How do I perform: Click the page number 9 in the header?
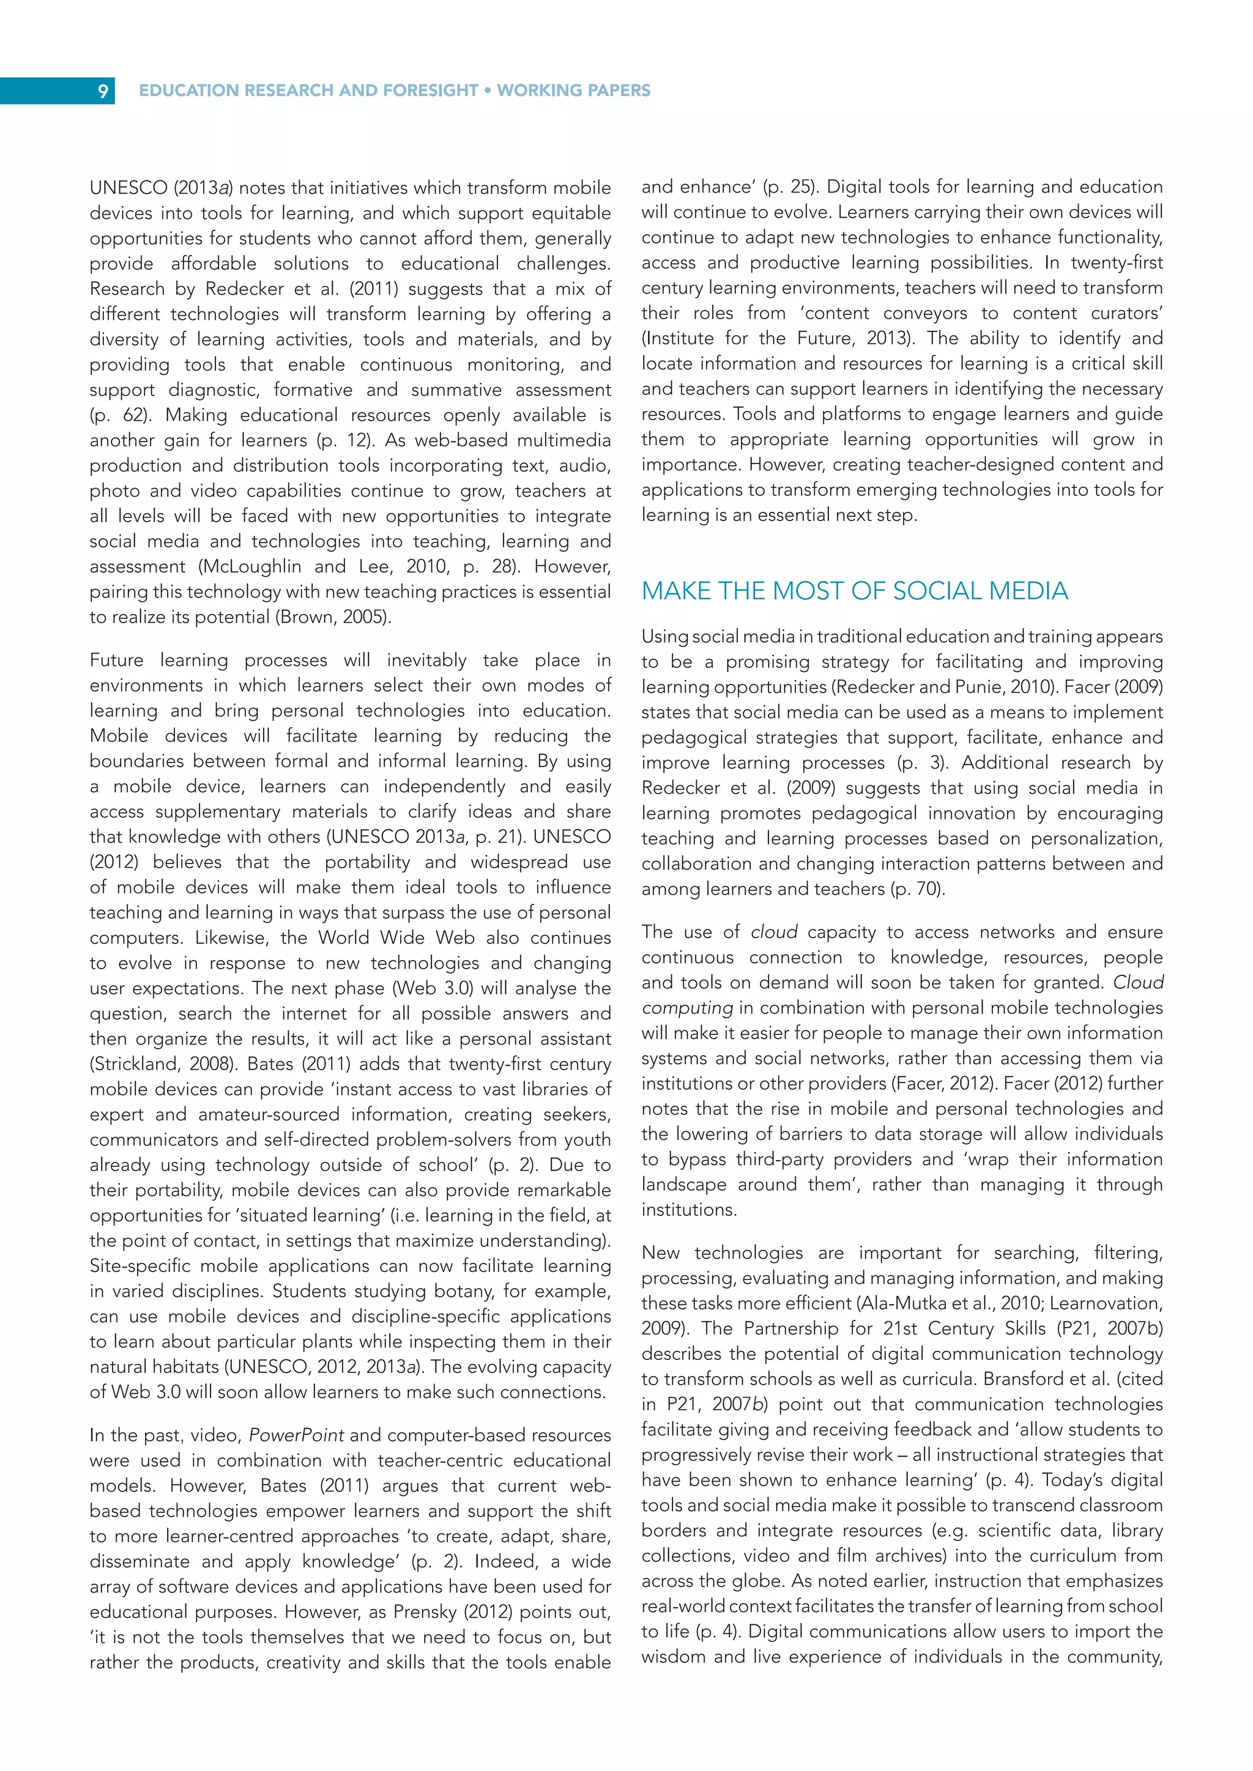(x=103, y=91)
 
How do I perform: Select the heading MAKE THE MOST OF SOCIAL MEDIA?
(x=854, y=591)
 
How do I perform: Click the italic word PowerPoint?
(x=296, y=1435)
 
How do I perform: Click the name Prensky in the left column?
(x=423, y=1612)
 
